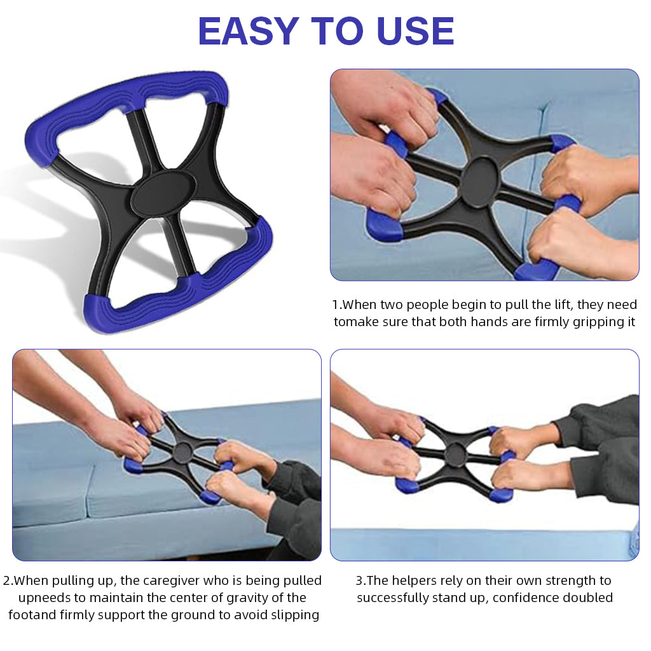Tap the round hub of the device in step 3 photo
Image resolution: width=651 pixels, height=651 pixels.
(456, 454)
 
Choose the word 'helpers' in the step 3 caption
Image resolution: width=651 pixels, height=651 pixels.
(413, 580)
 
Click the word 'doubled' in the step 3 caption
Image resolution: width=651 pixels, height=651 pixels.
(585, 598)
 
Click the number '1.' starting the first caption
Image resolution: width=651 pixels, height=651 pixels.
(337, 305)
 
